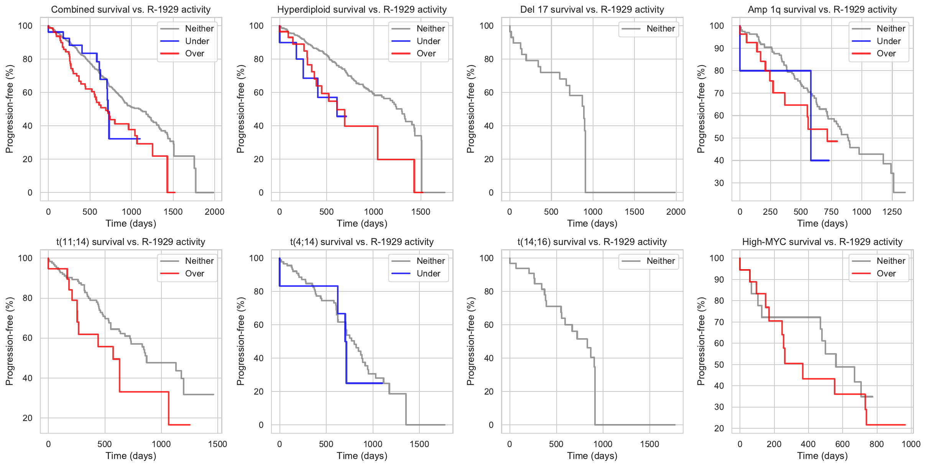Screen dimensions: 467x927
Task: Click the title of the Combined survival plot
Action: coord(131,10)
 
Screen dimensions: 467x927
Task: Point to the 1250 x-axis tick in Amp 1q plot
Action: coord(892,212)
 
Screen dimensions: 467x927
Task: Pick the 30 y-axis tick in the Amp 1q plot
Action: coord(719,183)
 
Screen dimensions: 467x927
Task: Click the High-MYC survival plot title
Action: coord(822,242)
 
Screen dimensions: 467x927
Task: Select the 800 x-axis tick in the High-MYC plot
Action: coord(876,444)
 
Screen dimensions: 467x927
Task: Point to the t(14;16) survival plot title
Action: coord(592,242)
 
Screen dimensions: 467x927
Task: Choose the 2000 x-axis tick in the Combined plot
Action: coord(214,212)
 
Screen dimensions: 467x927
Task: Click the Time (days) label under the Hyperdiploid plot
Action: coord(362,224)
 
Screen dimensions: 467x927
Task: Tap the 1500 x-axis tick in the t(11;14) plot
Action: coord(217,444)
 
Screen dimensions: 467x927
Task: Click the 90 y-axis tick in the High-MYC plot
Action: coord(719,280)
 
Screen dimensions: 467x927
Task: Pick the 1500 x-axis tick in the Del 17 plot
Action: coord(634,212)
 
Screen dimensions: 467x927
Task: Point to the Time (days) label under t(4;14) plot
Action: coord(362,456)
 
